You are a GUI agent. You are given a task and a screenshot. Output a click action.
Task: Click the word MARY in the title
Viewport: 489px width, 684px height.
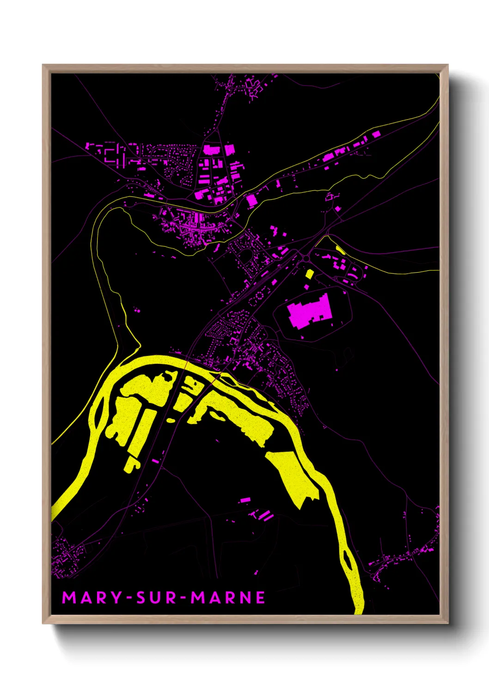(92, 598)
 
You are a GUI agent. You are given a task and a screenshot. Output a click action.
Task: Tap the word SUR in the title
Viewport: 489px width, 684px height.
(157, 598)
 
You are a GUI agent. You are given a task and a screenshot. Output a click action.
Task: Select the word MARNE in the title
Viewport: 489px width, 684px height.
(228, 598)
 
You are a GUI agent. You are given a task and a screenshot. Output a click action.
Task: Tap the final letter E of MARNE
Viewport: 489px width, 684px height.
(260, 598)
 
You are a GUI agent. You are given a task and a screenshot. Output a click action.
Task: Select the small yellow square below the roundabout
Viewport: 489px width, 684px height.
(309, 274)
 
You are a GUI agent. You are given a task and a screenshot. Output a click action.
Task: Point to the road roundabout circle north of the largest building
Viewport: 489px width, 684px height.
(305, 257)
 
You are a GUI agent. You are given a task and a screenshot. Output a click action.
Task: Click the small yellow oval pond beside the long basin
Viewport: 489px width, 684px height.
(171, 420)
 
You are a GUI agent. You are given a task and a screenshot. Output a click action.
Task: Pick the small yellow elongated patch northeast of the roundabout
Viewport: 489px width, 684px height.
(341, 250)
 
